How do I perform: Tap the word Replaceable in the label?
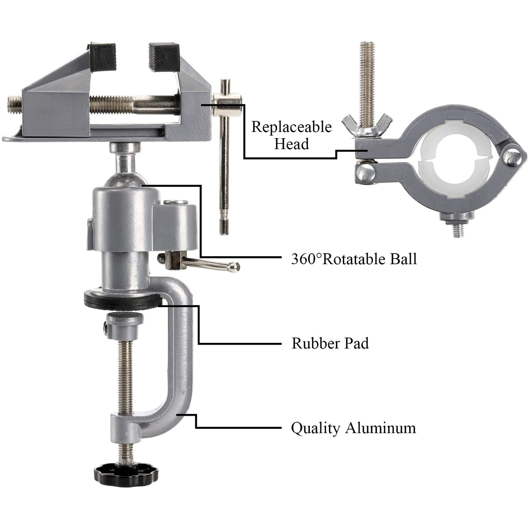pos(291,127)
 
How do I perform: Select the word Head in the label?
pos(291,143)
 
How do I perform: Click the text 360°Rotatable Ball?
pos(354,259)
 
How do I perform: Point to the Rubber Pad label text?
pos(330,343)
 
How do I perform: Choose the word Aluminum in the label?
pos(380,427)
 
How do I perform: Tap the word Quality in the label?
pos(315,427)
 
